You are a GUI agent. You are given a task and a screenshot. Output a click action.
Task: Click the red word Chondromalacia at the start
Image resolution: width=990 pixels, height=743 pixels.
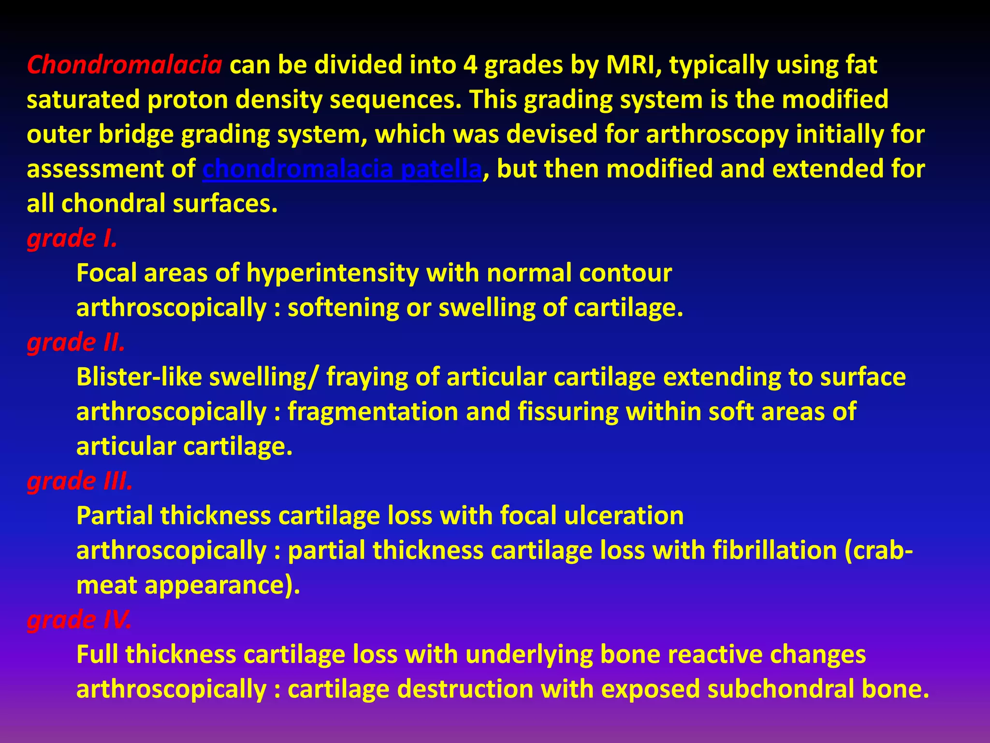coord(124,65)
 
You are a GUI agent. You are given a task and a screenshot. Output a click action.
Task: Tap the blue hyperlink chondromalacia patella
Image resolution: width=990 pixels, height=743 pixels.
coord(342,169)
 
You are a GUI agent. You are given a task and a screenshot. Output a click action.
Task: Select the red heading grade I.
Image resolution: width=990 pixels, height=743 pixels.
coord(72,238)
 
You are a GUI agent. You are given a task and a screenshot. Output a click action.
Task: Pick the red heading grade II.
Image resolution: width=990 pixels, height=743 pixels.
coord(76,342)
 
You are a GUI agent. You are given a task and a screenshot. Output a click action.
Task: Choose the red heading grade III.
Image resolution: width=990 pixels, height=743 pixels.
coord(80,481)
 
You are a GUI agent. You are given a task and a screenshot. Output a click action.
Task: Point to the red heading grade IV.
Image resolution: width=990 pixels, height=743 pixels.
coord(79,620)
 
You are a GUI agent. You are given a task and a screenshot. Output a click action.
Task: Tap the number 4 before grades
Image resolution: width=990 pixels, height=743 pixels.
coord(470,65)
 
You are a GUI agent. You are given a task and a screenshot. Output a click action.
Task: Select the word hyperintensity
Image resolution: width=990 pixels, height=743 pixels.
coord(332,273)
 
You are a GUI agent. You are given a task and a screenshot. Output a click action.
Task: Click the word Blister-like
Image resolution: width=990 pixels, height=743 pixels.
coord(139,377)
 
